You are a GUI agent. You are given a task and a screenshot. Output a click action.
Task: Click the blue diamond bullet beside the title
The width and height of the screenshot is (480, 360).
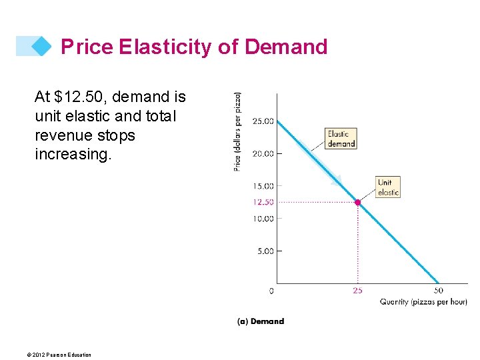pyautogui.click(x=41, y=46)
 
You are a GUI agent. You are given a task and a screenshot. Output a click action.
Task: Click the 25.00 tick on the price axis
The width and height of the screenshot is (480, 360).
pyautogui.click(x=262, y=121)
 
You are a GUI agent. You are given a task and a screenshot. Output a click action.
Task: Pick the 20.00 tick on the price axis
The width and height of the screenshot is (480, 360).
pyautogui.click(x=262, y=153)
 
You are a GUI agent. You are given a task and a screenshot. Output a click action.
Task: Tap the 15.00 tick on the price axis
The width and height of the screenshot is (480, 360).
pyautogui.click(x=262, y=186)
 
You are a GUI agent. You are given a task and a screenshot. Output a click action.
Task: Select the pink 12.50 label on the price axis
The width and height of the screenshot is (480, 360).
pyautogui.click(x=262, y=202)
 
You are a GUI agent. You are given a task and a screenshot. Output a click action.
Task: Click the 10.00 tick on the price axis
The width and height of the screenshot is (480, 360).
pyautogui.click(x=262, y=219)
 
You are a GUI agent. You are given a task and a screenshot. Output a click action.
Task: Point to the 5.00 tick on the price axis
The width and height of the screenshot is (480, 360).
pyautogui.click(x=264, y=251)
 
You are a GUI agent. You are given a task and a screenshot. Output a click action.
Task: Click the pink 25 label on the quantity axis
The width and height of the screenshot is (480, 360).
pyautogui.click(x=358, y=291)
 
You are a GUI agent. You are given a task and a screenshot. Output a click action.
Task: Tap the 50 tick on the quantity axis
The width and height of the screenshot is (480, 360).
pyautogui.click(x=439, y=291)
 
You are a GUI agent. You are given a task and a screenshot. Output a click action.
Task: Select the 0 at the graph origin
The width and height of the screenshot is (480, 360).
pyautogui.click(x=271, y=291)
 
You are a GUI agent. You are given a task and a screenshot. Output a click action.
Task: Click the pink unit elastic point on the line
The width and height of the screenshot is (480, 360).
pyautogui.click(x=358, y=202)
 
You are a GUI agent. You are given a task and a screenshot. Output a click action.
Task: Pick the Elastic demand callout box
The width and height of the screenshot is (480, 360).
pyautogui.click(x=341, y=139)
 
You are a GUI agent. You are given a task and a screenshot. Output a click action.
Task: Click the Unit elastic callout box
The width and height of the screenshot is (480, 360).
pyautogui.click(x=387, y=187)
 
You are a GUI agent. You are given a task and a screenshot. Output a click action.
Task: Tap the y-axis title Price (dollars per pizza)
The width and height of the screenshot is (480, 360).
pyautogui.click(x=238, y=131)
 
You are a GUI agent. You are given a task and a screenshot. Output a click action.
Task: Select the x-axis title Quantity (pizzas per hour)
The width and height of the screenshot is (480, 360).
pyautogui.click(x=423, y=302)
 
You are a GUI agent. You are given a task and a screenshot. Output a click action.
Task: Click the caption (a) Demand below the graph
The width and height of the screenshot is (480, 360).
pyautogui.click(x=261, y=321)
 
